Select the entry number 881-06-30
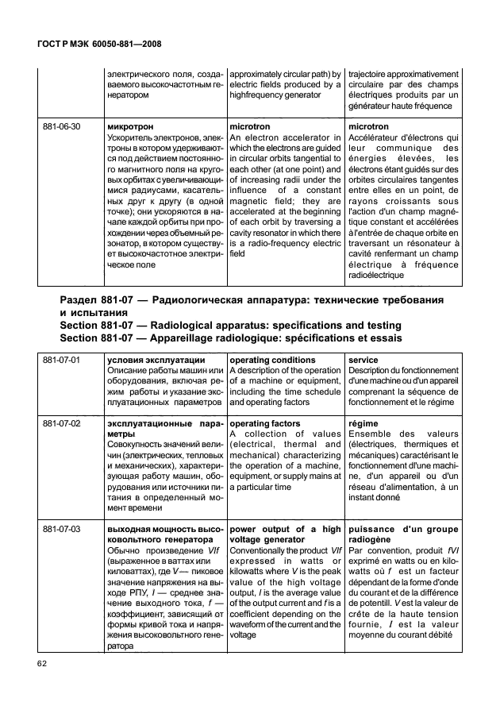click(x=63, y=126)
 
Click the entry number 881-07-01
click(x=63, y=361)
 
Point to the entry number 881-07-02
click(x=63, y=424)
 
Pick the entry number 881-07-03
click(x=63, y=528)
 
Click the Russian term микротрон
click(x=129, y=126)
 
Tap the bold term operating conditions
click(x=271, y=361)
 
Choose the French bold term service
click(x=363, y=361)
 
